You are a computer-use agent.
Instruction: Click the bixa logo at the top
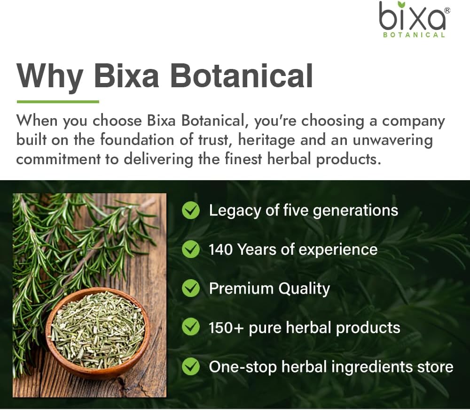pyautogui.click(x=412, y=17)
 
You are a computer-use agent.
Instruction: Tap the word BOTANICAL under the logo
pyautogui.click(x=412, y=35)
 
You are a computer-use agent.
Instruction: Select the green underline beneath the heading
pyautogui.click(x=58, y=101)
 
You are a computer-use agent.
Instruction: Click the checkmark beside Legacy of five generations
pyautogui.click(x=191, y=211)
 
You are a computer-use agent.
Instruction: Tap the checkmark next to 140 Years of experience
pyautogui.click(x=191, y=250)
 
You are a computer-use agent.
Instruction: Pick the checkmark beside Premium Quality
pyautogui.click(x=191, y=289)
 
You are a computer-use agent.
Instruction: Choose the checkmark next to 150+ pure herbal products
pyautogui.click(x=191, y=327)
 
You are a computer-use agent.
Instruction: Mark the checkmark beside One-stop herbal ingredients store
pyautogui.click(x=191, y=366)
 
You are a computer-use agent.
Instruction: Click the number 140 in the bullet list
pyautogui.click(x=221, y=250)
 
